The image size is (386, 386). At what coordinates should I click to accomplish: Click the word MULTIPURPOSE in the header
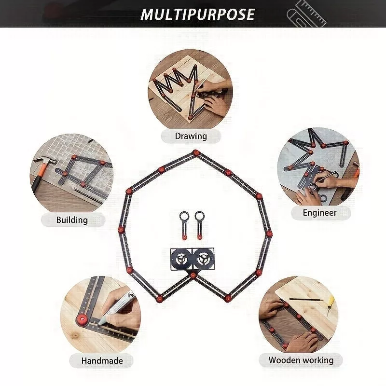click(197, 14)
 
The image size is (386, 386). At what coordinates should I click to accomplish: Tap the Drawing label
click(191, 136)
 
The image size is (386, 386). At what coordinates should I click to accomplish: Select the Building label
click(72, 220)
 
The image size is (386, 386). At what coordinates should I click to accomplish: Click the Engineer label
click(319, 213)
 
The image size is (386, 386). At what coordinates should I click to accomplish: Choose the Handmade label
click(102, 361)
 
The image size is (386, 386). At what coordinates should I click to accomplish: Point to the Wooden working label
click(301, 360)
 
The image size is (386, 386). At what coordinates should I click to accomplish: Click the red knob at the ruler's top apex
click(196, 152)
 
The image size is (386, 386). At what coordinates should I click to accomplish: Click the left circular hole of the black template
click(181, 260)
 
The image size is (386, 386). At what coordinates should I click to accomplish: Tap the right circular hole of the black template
click(203, 260)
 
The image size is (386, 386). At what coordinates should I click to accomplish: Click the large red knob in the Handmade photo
click(83, 320)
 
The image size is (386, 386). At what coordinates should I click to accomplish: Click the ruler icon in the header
click(307, 15)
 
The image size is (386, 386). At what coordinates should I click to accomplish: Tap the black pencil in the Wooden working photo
click(306, 299)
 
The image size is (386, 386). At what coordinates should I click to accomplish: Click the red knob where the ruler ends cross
click(193, 275)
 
